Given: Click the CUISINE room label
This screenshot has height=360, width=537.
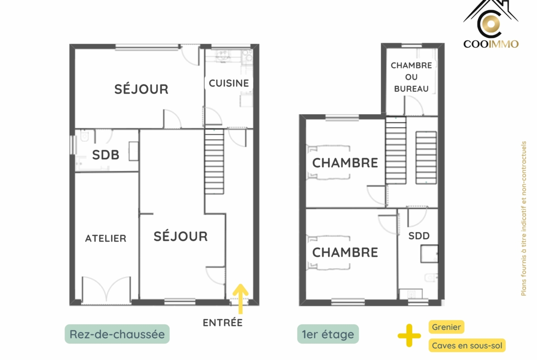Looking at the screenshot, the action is tap(229, 83).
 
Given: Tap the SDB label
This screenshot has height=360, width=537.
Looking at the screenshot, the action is tap(106, 155).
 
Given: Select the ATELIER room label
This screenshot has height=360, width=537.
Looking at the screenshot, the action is tap(106, 238).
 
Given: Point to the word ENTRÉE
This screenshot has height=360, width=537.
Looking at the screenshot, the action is tap(223, 323).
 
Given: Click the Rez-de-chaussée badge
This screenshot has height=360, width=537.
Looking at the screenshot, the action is tap(117, 334).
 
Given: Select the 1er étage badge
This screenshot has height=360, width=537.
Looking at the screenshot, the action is tap(328, 334).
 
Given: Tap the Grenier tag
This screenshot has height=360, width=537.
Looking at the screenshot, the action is tap(446, 327).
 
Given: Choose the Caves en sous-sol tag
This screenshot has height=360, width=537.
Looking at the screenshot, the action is tap(467, 346).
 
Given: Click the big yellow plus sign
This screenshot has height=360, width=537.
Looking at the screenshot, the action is tap(409, 335).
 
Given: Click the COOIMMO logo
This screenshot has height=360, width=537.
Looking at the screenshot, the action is tap(491, 24).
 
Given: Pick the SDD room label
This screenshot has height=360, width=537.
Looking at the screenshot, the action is tap(419, 236).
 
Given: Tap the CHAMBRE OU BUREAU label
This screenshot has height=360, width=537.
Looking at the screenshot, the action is tap(411, 77).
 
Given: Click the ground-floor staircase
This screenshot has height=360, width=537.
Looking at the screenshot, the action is tap(214, 161).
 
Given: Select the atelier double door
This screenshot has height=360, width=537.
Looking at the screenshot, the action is tap(106, 289).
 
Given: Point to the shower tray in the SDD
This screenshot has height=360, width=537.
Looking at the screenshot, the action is tap(430, 254).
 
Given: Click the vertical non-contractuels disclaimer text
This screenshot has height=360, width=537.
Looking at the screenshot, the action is tap(524, 218).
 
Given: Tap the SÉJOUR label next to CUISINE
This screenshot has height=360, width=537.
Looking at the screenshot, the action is tap(141, 89).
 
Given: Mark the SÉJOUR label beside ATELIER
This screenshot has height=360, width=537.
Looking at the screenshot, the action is tap(180, 237).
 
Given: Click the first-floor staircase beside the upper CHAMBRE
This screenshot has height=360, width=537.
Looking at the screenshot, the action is tap(396, 150).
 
